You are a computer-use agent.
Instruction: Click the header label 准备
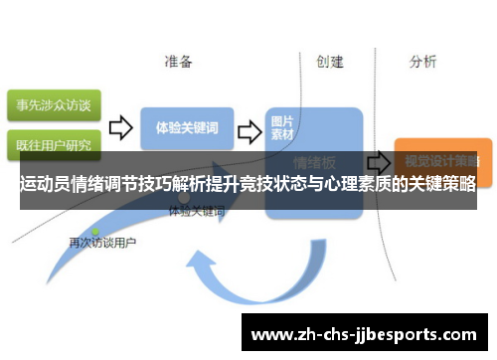point(179,62)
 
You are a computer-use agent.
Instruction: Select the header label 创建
point(330,62)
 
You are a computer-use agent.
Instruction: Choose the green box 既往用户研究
point(51,144)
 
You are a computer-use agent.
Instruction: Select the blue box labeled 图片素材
point(282,128)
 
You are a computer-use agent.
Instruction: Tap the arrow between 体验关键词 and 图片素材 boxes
point(249,129)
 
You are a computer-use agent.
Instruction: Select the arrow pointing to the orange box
point(378,160)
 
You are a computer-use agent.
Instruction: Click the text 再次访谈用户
point(102,242)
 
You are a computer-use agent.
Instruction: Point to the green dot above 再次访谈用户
point(95,231)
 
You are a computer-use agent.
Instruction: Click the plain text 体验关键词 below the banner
point(197,212)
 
